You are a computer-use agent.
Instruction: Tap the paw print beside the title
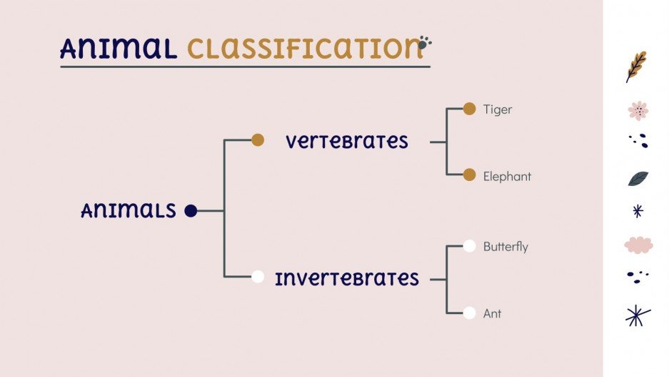(x=425, y=44)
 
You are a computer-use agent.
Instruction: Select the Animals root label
(x=129, y=210)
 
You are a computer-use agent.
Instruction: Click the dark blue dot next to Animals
(x=191, y=210)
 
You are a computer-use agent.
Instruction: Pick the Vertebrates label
(x=347, y=141)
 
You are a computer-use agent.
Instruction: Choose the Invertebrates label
(x=347, y=278)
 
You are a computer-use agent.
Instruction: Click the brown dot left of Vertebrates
(x=258, y=140)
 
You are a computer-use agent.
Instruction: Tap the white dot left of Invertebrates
(x=258, y=277)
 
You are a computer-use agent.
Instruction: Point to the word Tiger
(x=498, y=109)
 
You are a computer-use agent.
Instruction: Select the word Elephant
(x=507, y=176)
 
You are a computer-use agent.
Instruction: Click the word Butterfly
(x=505, y=247)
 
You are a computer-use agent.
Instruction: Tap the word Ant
(x=492, y=313)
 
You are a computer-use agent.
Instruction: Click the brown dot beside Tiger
(x=469, y=109)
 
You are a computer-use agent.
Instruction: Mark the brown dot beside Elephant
(x=469, y=175)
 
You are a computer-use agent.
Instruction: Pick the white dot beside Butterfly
(x=469, y=246)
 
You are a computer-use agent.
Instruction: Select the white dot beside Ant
(x=469, y=313)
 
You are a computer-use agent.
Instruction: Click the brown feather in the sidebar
(x=636, y=66)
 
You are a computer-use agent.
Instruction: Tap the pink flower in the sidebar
(x=638, y=111)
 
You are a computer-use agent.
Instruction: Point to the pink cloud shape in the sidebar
(x=638, y=245)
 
